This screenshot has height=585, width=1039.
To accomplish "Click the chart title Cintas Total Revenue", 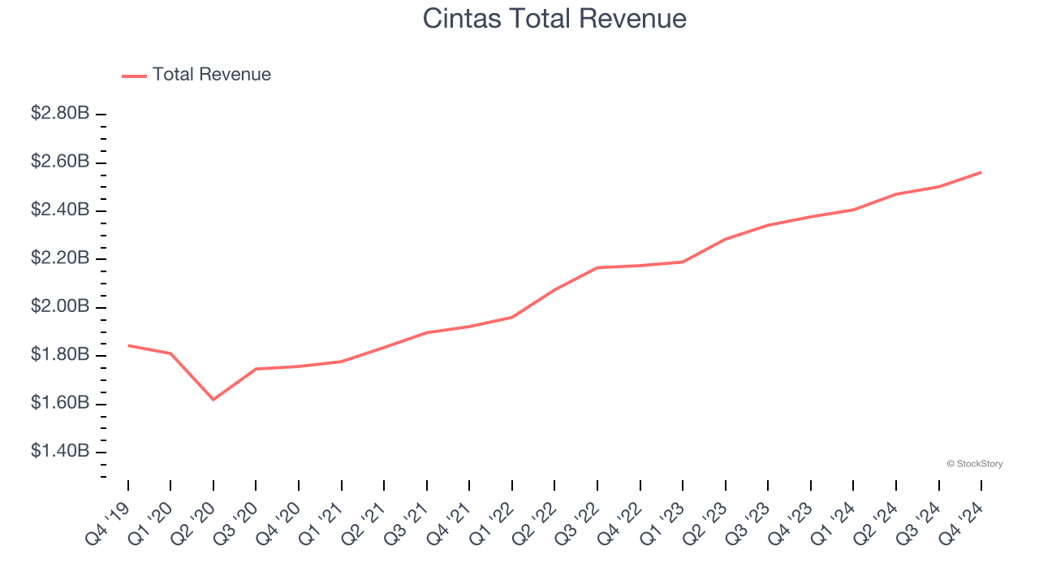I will (554, 19).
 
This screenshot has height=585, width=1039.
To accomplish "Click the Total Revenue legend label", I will (211, 75).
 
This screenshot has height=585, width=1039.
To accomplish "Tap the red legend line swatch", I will (134, 76).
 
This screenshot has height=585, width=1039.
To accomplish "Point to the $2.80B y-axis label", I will (60, 114).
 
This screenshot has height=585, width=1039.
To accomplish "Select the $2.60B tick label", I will (60, 162).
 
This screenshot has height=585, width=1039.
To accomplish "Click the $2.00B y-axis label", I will (60, 306).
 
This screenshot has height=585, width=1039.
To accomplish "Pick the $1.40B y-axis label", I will (60, 451).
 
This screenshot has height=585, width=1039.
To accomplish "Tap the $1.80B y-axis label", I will (60, 355).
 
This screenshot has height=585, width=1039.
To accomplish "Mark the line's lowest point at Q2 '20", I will (213, 400).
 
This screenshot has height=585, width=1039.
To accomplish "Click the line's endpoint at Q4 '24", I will (981, 172).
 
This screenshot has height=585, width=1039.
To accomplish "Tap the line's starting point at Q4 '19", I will (128, 345).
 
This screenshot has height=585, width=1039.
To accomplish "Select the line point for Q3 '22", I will (597, 267).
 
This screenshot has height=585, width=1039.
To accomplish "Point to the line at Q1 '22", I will (512, 317).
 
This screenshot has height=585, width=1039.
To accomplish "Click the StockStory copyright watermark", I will (974, 464).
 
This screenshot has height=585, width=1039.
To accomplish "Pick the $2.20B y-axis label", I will (60, 258).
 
